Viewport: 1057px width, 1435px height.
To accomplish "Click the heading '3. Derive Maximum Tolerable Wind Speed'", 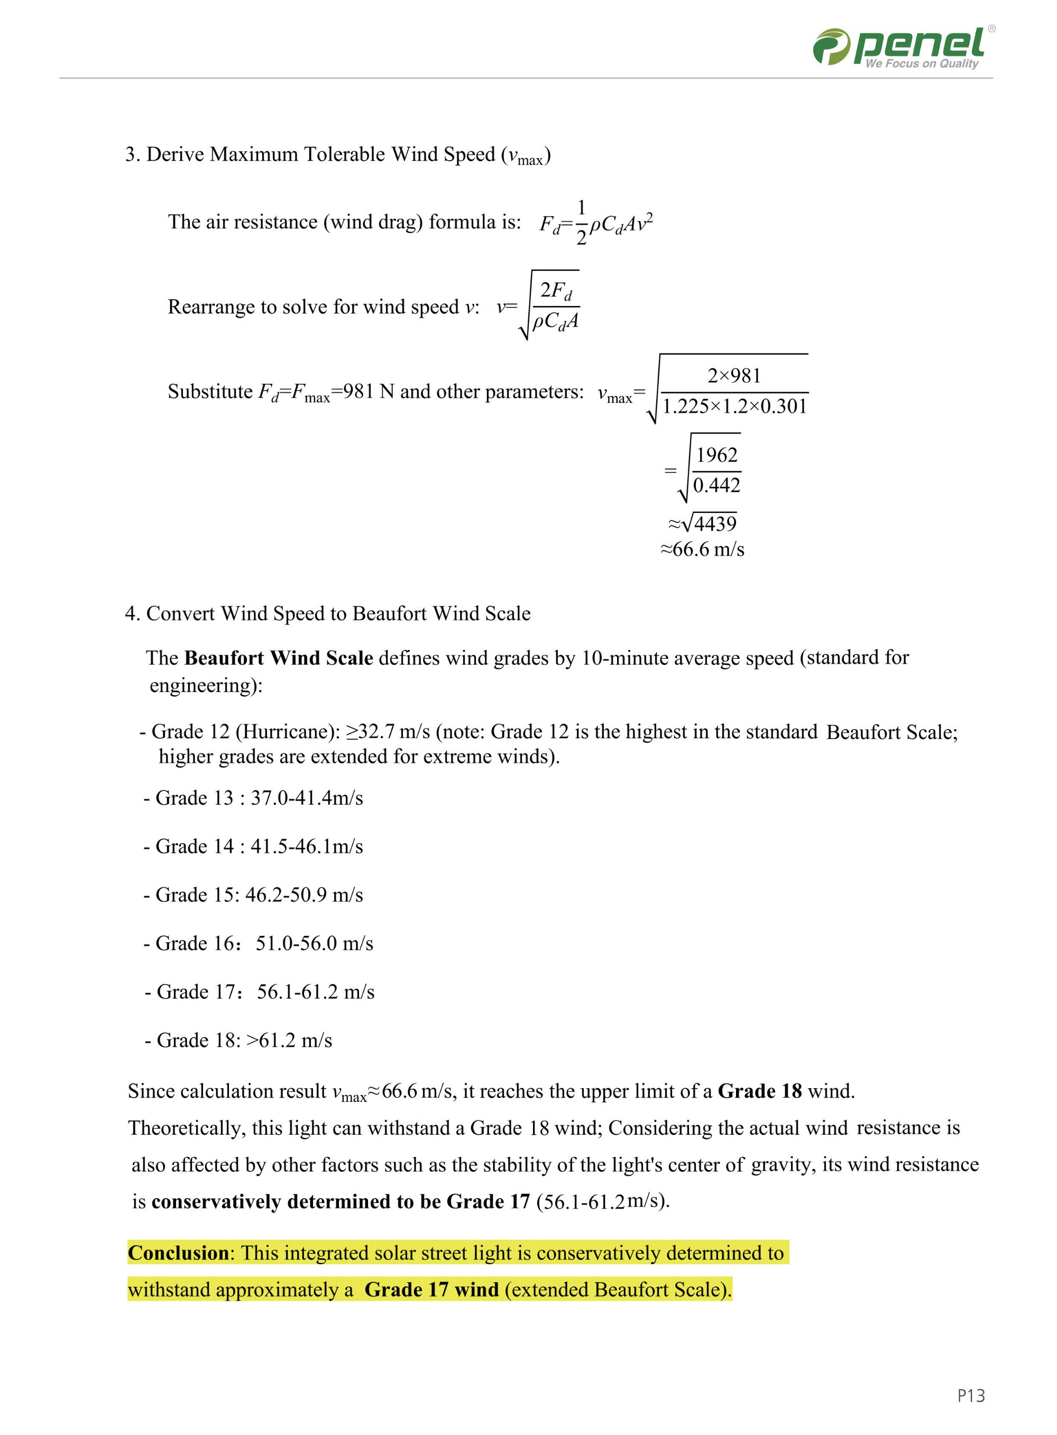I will click(337, 155).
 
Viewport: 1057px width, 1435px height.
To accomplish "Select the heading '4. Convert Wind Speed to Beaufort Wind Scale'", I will click(328, 613).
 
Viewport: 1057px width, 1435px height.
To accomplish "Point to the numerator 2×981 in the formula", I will click(734, 375).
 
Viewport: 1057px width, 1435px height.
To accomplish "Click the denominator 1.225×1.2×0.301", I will click(734, 406).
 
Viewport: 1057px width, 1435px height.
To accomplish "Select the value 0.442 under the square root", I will click(716, 485).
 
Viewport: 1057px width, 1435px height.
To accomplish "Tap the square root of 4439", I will click(709, 524).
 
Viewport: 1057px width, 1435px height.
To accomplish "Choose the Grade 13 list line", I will click(253, 798).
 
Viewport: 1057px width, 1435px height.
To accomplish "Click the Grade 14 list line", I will click(253, 847).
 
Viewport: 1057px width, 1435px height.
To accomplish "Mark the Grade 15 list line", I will click(253, 895).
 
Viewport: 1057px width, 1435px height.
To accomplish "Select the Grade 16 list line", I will click(259, 944).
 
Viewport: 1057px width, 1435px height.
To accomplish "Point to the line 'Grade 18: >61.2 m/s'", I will click(238, 1040).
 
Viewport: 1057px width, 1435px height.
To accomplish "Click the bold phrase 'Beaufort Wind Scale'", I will click(278, 658).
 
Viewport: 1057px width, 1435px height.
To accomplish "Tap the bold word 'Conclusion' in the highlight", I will click(178, 1253).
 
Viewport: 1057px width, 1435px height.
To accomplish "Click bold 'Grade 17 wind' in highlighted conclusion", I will click(431, 1290).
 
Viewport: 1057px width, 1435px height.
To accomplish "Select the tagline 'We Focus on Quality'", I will click(921, 63).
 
